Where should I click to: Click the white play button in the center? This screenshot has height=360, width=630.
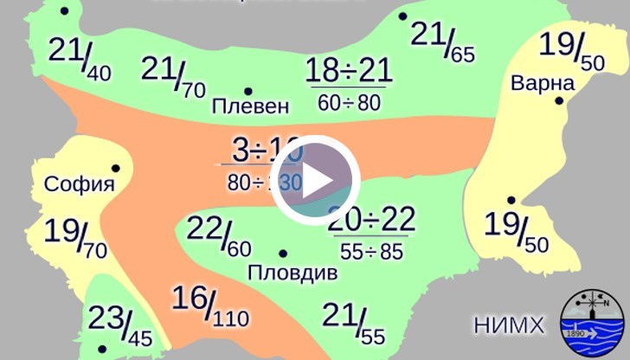tap(315, 180)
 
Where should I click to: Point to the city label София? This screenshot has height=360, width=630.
tap(79, 183)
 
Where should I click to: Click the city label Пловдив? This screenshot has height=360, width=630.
tap(292, 273)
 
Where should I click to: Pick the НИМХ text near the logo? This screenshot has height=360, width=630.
tap(509, 325)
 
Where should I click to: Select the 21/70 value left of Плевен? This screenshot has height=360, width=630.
tap(172, 75)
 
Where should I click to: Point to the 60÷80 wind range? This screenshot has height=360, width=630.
tap(349, 103)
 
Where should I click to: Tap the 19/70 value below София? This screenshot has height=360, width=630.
tap(74, 237)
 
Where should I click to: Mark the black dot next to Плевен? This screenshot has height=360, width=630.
tap(247, 91)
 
